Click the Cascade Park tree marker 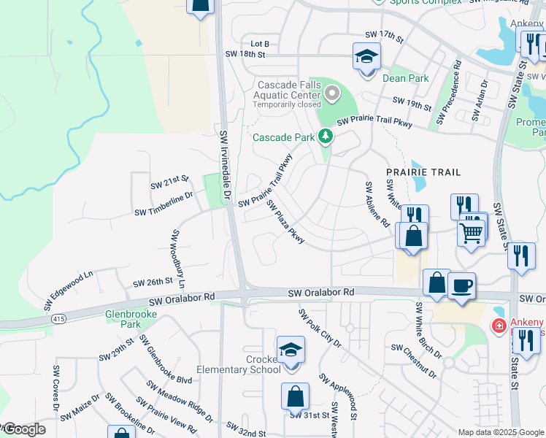tap(325, 137)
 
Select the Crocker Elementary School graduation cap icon tap(291, 349)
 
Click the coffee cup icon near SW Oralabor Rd tap(461, 284)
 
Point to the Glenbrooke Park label tap(120, 320)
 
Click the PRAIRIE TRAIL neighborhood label tap(423, 172)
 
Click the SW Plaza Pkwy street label tap(285, 222)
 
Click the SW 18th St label tap(245, 54)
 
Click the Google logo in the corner tap(24, 429)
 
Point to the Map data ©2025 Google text tap(500, 432)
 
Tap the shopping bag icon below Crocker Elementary tap(295, 397)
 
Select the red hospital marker tap(499, 326)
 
